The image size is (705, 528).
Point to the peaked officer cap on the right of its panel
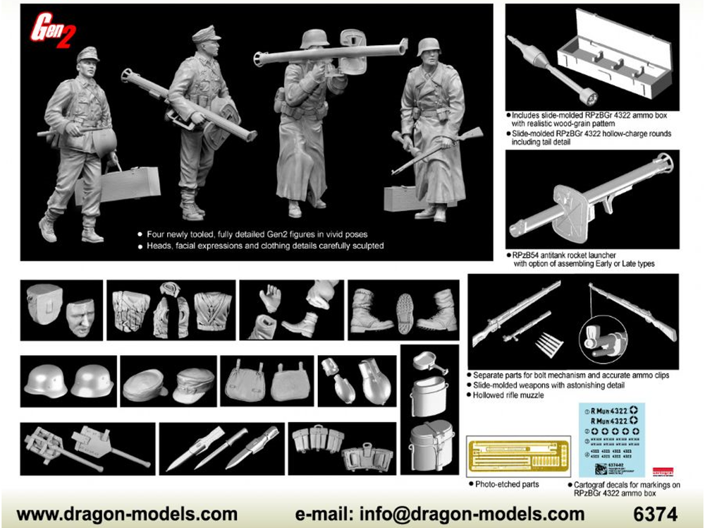pyautogui.click(x=194, y=385)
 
